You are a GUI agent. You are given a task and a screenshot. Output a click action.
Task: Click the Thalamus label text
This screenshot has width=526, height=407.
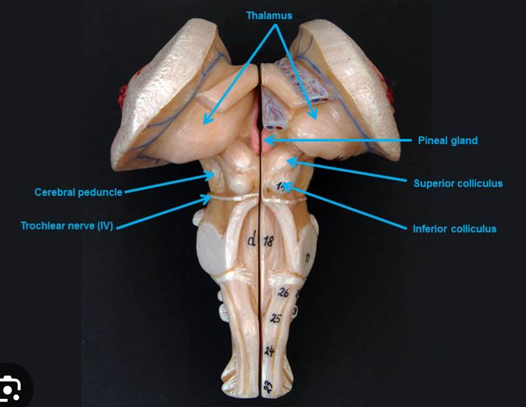269,16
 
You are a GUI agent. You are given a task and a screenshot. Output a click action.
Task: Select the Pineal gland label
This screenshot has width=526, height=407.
447,140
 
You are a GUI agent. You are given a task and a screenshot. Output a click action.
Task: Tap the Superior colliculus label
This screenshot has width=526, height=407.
458,183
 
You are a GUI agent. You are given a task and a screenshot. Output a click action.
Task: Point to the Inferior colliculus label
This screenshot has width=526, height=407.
454,229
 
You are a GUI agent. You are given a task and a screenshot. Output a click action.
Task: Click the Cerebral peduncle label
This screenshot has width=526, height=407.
78,192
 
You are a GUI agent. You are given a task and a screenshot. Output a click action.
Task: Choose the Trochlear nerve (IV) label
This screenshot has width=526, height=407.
67,225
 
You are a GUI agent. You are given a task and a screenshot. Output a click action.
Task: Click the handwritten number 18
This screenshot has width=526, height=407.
269,242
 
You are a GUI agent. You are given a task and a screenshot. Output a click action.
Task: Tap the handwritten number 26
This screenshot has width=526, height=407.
283,292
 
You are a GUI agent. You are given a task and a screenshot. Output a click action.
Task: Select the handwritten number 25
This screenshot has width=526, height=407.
276,319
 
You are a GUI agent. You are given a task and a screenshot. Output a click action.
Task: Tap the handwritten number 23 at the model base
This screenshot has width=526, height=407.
268,387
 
